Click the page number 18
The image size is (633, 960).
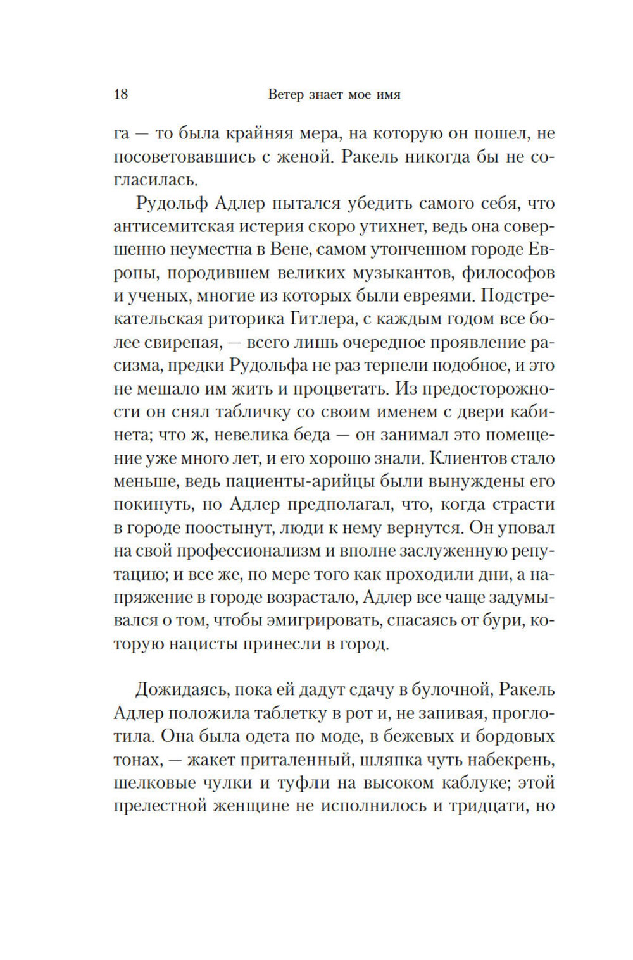(x=121, y=95)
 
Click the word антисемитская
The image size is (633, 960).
(x=179, y=226)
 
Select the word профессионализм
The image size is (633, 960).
(x=249, y=551)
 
